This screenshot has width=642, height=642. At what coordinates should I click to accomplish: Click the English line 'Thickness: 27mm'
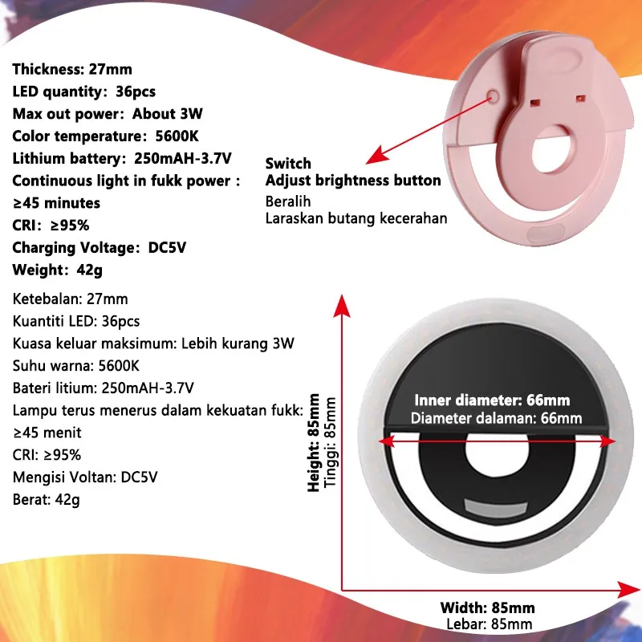72,69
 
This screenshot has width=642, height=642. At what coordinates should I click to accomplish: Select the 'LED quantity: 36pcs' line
84,91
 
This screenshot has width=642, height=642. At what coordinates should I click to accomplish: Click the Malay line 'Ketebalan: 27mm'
71,299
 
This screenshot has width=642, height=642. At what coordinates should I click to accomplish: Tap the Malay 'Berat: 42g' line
46,499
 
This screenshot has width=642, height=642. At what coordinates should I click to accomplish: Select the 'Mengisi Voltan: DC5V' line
86,477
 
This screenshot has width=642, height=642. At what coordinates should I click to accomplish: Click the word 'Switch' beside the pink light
288,164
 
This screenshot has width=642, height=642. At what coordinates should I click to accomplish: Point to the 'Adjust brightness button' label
353,181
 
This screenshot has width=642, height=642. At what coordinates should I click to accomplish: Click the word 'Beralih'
288,201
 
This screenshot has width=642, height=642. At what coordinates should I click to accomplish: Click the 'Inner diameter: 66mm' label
494,400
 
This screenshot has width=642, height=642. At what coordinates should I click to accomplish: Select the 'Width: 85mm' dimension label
487,607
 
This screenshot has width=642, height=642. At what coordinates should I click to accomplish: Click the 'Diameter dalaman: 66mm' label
496,418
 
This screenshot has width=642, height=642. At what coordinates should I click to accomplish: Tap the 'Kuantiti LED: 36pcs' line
77,321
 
